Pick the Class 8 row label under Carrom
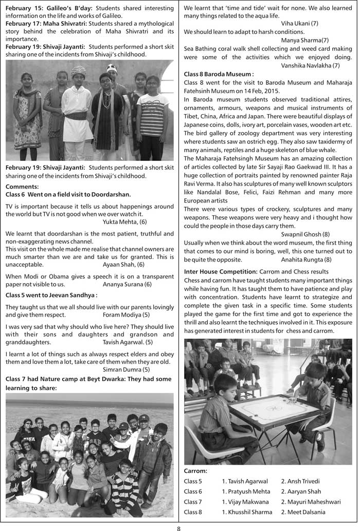pos(193,512)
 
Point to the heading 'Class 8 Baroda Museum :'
pos(219,74)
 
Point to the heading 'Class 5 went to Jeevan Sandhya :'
pos(51,295)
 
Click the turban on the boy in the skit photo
pos(78,70)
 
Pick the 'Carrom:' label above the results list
pos(196,470)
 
